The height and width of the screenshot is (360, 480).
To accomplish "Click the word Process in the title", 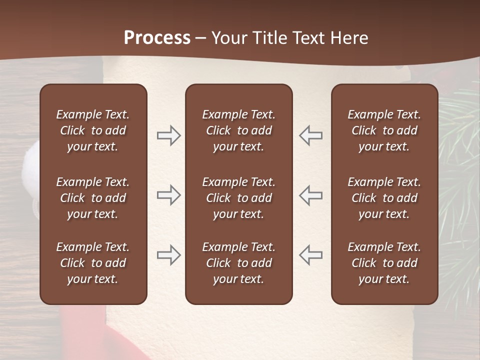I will pos(157,38).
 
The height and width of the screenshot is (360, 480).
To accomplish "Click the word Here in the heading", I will pos(349,38).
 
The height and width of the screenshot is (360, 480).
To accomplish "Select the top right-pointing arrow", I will pos(168,135).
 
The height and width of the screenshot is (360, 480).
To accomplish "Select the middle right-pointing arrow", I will pos(168,195).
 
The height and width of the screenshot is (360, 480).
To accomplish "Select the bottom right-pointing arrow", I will pos(168,255).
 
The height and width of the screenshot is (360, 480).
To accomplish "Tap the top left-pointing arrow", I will pos(311,135).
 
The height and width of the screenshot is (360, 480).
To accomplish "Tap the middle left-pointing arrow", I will pos(311,195).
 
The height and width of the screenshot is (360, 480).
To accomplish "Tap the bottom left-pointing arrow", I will pos(311,255).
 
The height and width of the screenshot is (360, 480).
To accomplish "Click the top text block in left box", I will pos(93,130).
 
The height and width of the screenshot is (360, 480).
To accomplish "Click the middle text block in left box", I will pos(93,198).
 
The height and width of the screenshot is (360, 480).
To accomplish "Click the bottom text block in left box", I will pos(93,263).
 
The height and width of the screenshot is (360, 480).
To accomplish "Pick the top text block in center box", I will pos(238,130).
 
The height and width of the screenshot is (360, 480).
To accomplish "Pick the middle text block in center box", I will pos(238,198).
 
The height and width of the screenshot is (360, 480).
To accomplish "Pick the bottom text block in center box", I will pos(238,263).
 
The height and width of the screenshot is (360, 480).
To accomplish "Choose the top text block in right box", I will pos(384,130).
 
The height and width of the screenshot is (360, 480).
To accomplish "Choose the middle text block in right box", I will pos(384,198).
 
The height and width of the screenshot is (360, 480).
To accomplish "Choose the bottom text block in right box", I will pos(384,263).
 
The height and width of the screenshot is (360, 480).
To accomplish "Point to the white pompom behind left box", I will pos(30,165).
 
